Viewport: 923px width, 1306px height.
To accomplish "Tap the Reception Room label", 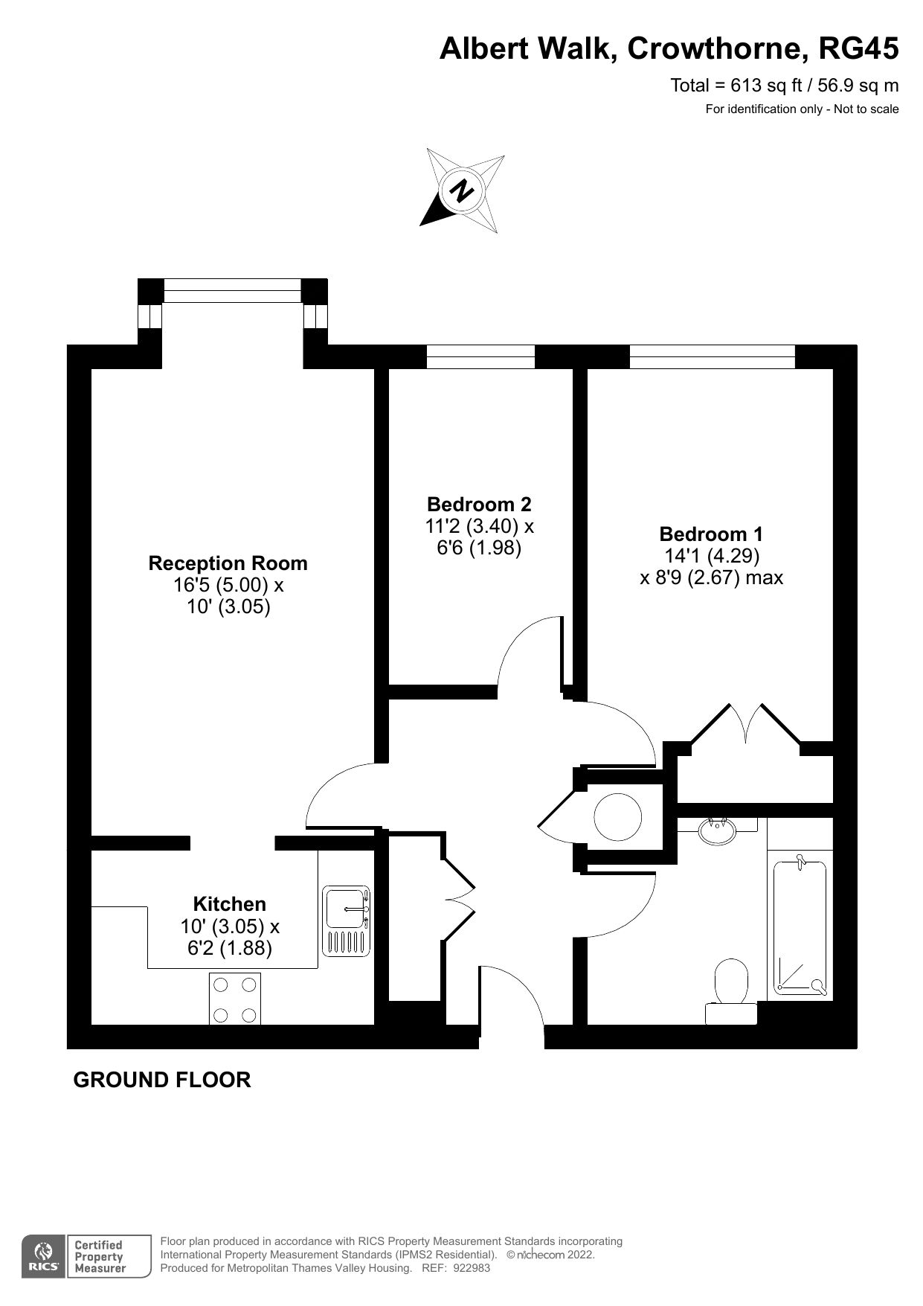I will (x=228, y=563).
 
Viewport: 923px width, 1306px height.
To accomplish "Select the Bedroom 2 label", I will (x=479, y=505).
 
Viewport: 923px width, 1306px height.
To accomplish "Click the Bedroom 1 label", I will (x=711, y=534).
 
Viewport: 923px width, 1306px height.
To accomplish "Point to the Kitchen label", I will (x=229, y=904).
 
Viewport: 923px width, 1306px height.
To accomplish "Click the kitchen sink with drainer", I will (x=347, y=921).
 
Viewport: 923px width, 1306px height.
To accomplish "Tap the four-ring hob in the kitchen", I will (x=234, y=999).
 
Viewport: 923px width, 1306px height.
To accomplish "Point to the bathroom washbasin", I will (x=718, y=829).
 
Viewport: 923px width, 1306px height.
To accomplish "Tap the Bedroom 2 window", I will (x=480, y=356).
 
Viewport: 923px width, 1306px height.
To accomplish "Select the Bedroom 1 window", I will (x=712, y=356).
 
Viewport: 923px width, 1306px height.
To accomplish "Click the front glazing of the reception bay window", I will (x=232, y=290).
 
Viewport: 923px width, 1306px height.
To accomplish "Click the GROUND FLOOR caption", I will (x=162, y=1080).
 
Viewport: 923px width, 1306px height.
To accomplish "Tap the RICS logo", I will (x=43, y=1257).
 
